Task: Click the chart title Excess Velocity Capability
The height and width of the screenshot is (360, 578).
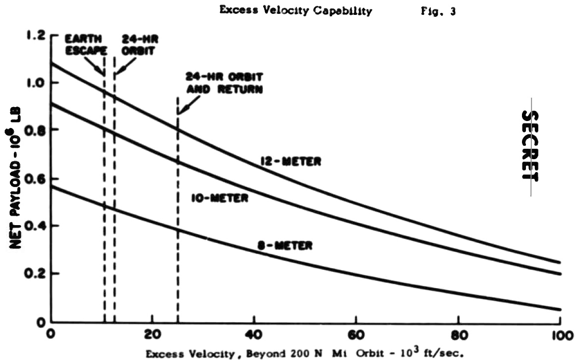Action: [295, 11]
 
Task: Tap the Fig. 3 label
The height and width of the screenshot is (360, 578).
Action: [438, 11]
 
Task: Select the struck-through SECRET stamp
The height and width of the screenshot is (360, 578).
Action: [530, 146]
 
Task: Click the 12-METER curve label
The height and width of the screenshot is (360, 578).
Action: [290, 161]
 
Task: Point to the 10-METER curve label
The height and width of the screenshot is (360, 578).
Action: [220, 198]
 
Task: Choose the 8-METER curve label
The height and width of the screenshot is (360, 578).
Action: [285, 245]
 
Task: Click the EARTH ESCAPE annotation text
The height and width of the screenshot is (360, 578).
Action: [86, 45]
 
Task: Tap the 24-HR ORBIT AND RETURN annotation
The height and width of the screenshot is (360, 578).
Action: [224, 83]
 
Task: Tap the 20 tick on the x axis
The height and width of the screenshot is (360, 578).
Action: [152, 335]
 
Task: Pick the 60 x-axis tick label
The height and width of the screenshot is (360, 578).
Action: [356, 335]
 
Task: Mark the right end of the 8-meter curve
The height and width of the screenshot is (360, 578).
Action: [560, 309]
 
